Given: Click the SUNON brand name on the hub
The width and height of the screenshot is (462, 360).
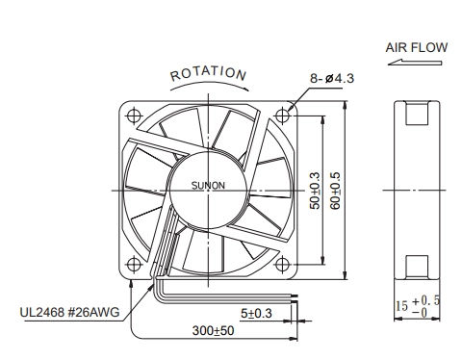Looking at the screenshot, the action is [208, 186].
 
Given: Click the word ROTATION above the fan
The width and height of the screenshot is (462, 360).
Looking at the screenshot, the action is [208, 74].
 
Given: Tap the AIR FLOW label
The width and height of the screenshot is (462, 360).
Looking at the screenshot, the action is [417, 47].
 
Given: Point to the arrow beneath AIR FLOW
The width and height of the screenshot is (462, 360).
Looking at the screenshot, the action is [415, 62].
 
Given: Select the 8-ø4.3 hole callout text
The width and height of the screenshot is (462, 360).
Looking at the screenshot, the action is [332, 78].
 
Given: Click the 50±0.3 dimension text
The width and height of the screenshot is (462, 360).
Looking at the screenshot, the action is [315, 191].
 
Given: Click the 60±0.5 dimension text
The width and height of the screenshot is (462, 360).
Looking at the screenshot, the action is [335, 191].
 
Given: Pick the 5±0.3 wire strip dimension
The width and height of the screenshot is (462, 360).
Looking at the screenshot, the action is [256, 313].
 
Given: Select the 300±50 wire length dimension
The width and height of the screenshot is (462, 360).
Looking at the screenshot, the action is [213, 330].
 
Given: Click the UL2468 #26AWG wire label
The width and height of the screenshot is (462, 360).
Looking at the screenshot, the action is [69, 312].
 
